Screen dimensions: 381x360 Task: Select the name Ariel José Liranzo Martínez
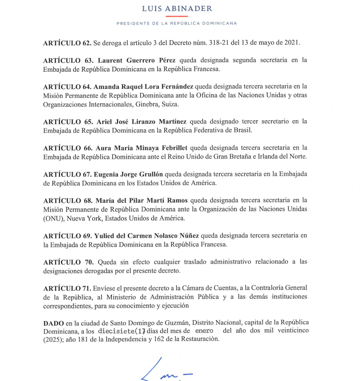click(141, 121)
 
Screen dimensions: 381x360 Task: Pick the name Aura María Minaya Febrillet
click(141, 147)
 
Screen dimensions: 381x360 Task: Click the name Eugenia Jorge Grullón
click(128, 174)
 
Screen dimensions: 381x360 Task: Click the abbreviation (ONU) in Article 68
click(54, 218)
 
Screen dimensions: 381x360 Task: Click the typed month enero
click(204, 331)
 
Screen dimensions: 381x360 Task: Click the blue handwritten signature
click(168, 370)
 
